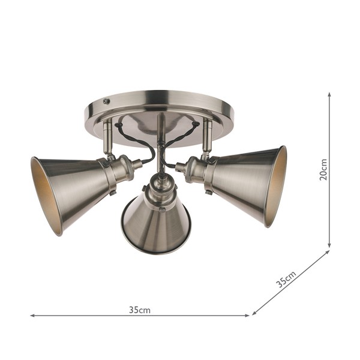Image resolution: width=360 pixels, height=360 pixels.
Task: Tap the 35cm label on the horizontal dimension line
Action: pos(139,310)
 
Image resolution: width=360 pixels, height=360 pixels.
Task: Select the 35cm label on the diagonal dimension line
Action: pos(287,280)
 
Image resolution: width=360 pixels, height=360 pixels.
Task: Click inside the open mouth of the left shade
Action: pos(41,195)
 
